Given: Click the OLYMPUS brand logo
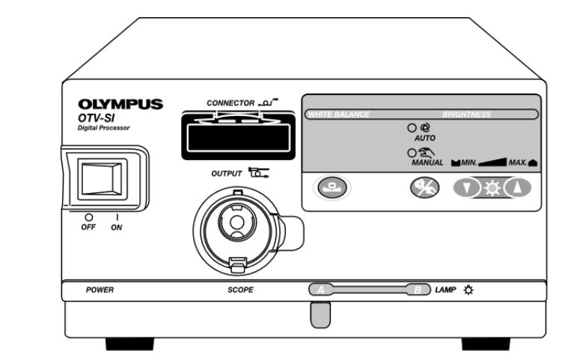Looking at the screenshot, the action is tap(120, 104).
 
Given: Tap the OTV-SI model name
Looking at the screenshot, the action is tap(96, 118).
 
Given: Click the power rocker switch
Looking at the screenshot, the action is tap(103, 179).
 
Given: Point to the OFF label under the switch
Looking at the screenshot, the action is tap(88, 227).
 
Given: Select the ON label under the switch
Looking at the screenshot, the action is tap(116, 228).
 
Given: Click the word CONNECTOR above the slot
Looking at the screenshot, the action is tap(230, 103).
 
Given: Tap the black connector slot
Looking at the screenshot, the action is tap(239, 135).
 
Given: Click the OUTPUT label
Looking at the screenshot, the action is tap(227, 174).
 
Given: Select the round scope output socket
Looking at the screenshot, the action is tap(237, 228).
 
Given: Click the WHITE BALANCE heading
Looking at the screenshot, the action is tap(339, 115).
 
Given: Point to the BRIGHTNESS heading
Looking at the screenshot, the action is tap(466, 115).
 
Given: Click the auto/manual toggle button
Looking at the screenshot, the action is tap(424, 188).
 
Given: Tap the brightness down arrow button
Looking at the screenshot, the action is tap(466, 188).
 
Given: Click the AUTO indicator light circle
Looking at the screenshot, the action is tap(412, 128).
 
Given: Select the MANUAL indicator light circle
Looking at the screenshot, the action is tap(412, 153).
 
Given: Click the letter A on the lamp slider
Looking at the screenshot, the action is tap(320, 290).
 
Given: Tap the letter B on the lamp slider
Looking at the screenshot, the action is tap(418, 290).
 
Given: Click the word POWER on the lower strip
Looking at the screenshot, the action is tap(100, 290).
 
